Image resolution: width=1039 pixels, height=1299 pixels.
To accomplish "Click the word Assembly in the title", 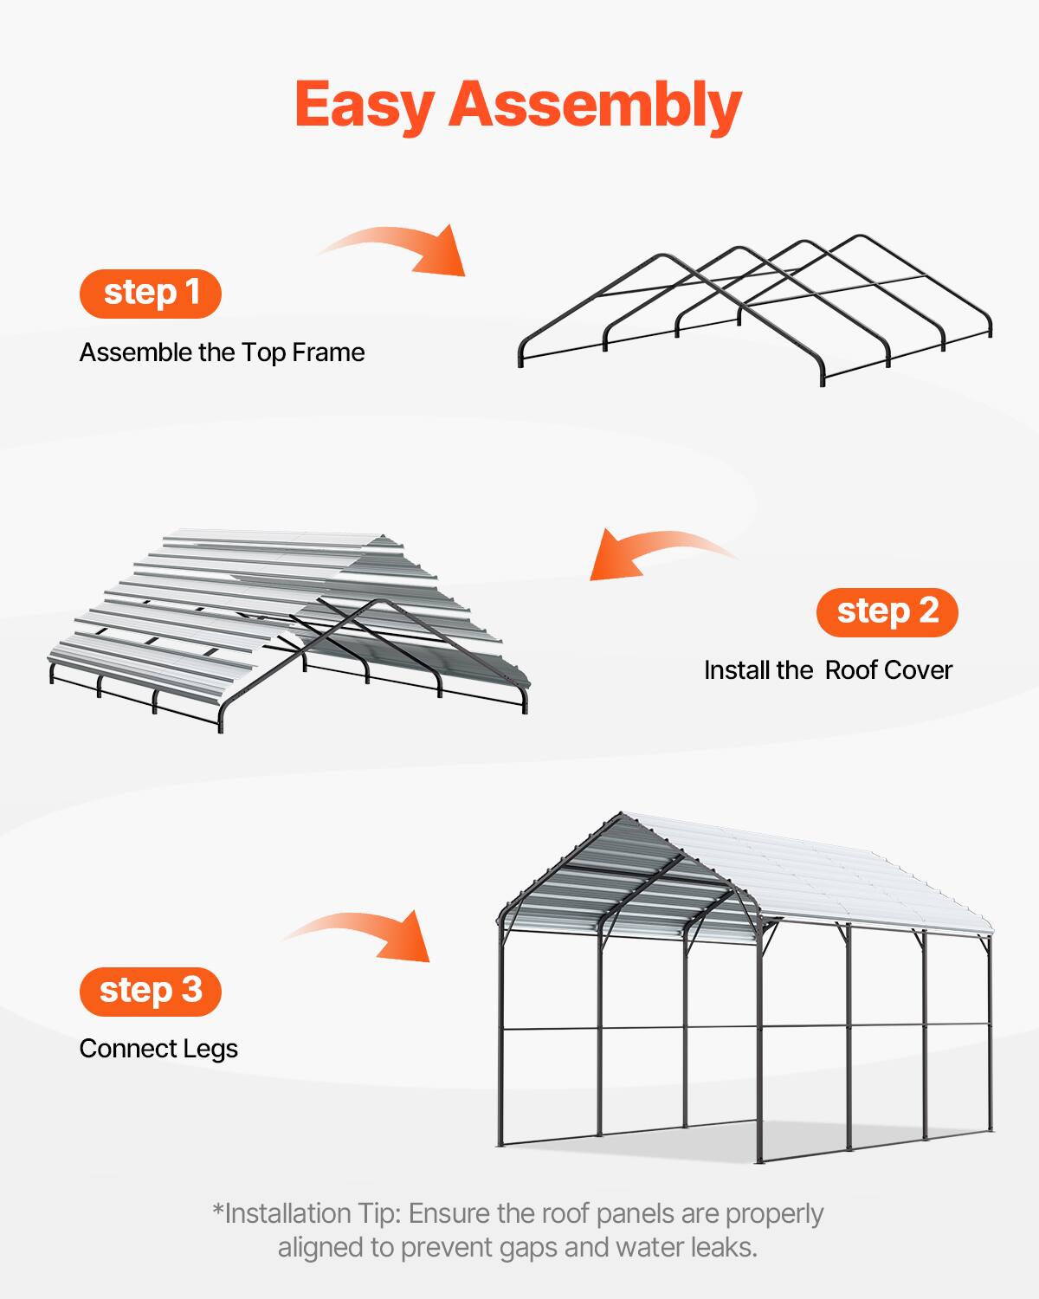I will [595, 106].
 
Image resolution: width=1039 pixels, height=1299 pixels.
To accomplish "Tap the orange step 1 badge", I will [151, 293].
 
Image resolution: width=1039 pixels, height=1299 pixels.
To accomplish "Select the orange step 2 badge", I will [887, 611].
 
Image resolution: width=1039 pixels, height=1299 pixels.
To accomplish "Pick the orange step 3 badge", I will [151, 990].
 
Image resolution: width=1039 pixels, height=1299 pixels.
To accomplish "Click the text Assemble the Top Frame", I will [222, 352].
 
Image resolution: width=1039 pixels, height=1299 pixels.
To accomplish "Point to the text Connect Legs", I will [158, 1049].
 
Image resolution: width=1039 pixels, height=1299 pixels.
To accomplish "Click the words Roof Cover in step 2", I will [888, 670].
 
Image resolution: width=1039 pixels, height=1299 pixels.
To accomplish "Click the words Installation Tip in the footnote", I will [312, 1213].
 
